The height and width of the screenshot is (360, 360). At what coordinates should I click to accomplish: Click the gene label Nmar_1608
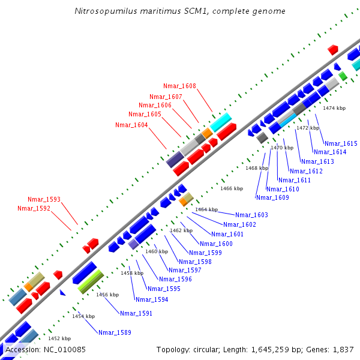pyautogui.click(x=179, y=86)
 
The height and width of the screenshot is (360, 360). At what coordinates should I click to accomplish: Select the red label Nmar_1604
pyautogui.click(x=131, y=125)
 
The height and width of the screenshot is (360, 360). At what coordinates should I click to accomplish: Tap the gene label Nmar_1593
pyautogui.click(x=44, y=199)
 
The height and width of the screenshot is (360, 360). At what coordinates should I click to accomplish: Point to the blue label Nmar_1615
pyautogui.click(x=341, y=143)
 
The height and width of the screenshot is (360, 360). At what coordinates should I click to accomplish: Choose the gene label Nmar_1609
pyautogui.click(x=272, y=197)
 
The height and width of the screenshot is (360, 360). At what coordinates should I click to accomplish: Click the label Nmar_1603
pyautogui.click(x=251, y=215)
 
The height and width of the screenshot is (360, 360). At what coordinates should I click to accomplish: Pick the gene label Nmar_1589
pyautogui.click(x=115, y=332)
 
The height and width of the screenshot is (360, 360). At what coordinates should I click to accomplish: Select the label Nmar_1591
pyautogui.click(x=136, y=313)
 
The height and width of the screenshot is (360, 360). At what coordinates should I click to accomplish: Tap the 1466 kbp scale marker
pyautogui.click(x=232, y=188)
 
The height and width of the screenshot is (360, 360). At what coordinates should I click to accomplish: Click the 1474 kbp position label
pyautogui.click(x=334, y=108)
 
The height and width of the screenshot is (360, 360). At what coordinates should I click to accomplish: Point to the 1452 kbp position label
pyautogui.click(x=59, y=338)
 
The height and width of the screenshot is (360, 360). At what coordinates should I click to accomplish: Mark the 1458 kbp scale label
pyautogui.click(x=132, y=273)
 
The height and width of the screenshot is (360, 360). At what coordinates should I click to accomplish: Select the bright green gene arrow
pyautogui.click(x=91, y=281)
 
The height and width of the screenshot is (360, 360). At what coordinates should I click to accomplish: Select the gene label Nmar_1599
pyautogui.click(x=205, y=253)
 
